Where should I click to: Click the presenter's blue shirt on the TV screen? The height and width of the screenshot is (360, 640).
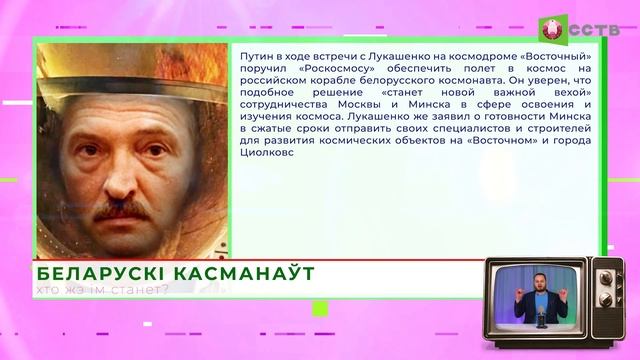(541, 304)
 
